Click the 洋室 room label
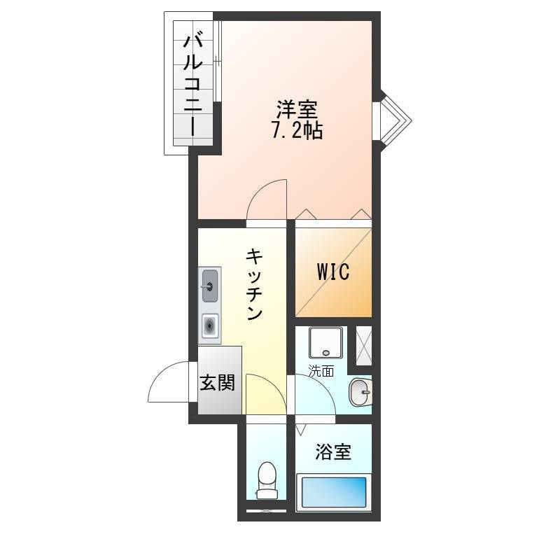pos(297,110)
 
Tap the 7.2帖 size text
pos(297,131)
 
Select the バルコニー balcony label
pos(193,84)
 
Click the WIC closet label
pos(333,272)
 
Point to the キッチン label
pos(254,285)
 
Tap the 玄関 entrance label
pos(217,382)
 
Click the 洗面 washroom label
pos(321,371)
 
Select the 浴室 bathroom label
pos(333,451)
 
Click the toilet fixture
pos(267,480)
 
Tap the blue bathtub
pos(334,492)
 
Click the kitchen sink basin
pos(210,286)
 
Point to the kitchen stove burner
pos(210,325)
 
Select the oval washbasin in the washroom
pos(360,392)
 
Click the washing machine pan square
pos(325,342)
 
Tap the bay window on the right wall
pos(392,121)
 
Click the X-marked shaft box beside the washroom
pos(364,346)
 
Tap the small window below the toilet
pos(267,511)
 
